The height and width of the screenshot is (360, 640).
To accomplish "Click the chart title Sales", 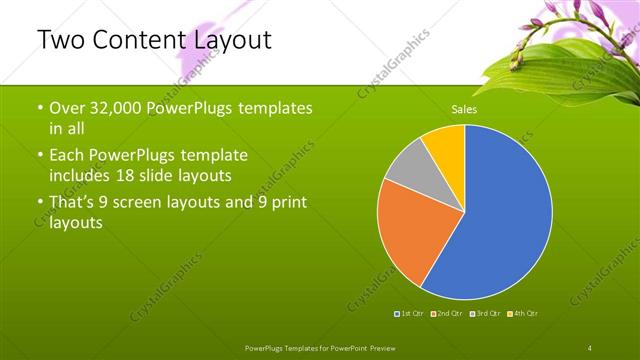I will (464, 110).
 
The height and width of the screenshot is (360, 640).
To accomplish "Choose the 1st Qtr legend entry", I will (411, 314).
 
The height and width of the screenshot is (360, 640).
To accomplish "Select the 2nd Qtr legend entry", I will (446, 314).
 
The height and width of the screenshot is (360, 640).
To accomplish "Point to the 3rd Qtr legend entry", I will (484, 314).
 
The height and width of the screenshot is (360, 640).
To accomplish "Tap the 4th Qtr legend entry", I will (523, 314).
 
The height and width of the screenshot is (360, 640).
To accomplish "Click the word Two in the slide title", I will (60, 41).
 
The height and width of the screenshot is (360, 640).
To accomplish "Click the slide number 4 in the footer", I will (591, 346).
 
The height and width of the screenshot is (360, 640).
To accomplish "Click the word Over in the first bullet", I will (69, 109).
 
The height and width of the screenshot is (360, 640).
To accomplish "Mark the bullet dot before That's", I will (40, 203).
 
